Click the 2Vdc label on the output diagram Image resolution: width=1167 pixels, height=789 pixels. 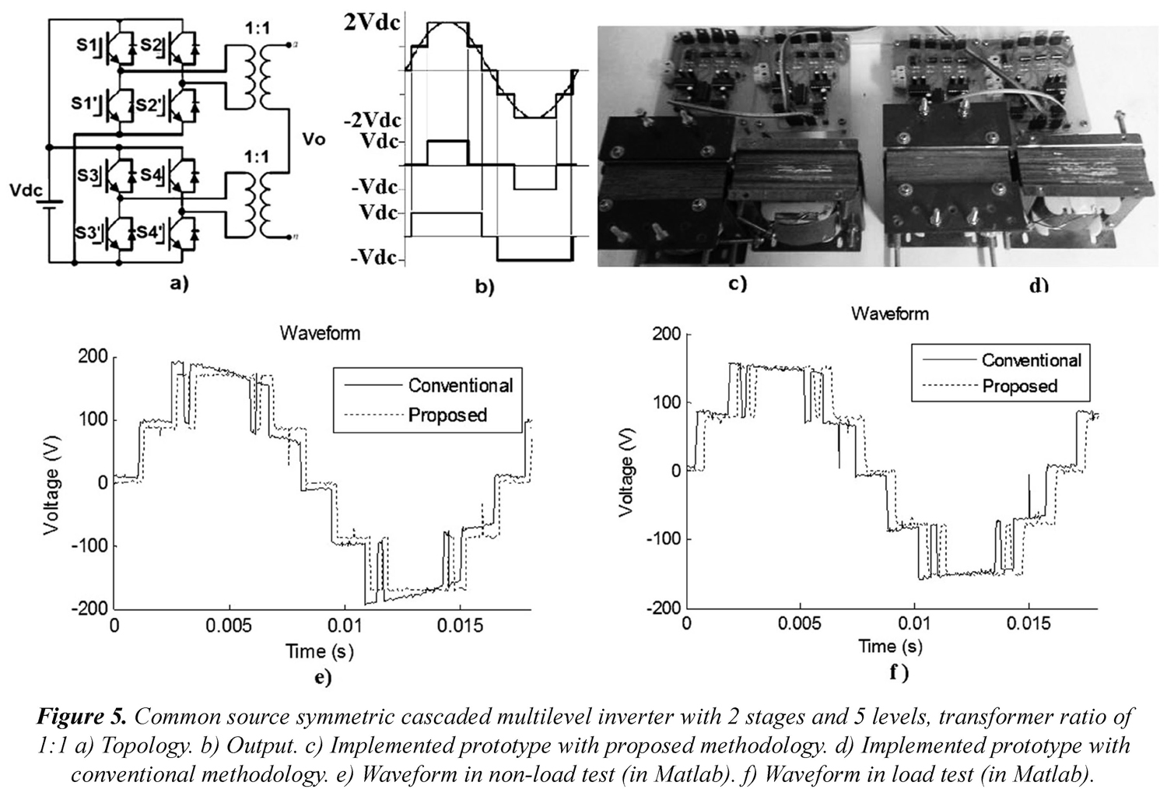point(370,23)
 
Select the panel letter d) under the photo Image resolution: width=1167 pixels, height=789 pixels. point(1038,286)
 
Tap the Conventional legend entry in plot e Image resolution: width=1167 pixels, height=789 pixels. point(461,385)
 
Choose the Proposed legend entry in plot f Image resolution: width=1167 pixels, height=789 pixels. point(1020,386)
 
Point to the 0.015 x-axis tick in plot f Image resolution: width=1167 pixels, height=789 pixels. point(1030,625)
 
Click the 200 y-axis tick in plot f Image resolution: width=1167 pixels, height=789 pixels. point(666,335)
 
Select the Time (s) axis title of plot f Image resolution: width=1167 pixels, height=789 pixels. point(891,646)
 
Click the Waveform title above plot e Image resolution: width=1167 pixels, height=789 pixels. point(319,333)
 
